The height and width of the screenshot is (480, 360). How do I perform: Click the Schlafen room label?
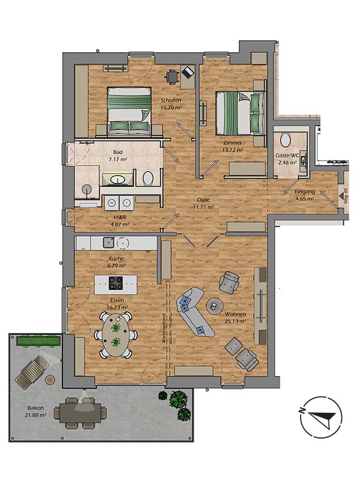170,100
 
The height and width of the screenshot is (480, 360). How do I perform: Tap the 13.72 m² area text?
232,151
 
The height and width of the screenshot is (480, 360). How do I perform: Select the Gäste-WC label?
287,155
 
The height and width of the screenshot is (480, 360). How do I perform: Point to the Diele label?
204,200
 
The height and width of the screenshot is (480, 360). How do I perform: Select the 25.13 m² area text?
235,321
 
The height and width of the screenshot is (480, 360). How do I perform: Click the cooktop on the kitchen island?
115,283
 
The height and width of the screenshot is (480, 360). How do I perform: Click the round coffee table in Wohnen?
214,306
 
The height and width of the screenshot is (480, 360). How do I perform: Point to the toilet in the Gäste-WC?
286,139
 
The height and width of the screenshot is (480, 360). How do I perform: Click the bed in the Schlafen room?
129,110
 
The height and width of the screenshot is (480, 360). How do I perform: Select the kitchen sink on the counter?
109,242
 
